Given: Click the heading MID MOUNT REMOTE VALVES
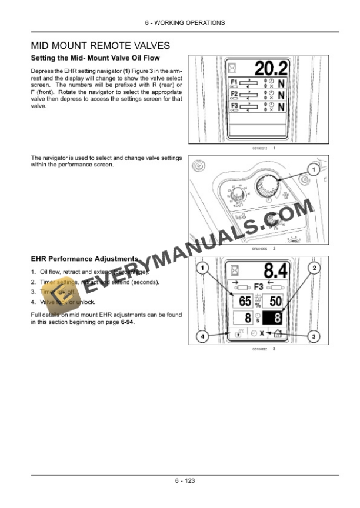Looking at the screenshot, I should [100, 45].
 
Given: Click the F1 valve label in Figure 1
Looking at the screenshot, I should [234, 81].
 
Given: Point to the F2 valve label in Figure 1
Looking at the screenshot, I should [234, 94].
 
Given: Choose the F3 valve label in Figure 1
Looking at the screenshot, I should [234, 106].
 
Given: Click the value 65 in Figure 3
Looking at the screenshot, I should [243, 301].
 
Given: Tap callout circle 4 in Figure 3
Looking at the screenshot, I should [203, 337].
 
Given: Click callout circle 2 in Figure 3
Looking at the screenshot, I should [315, 269].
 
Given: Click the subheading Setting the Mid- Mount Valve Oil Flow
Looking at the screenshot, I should [95, 58].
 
